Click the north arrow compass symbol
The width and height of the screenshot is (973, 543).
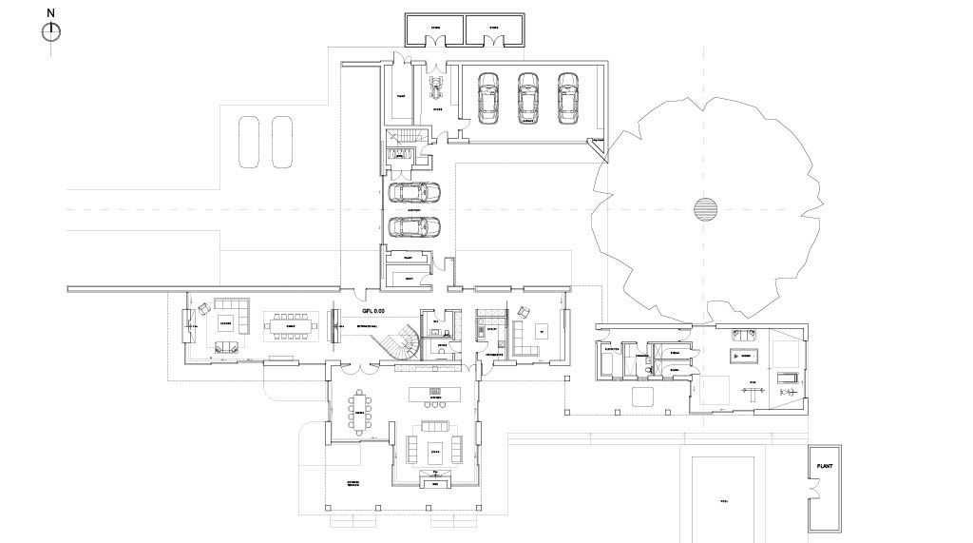point(51,32)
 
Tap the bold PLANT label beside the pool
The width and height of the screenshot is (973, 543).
point(823,468)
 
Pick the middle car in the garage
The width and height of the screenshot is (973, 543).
point(528,98)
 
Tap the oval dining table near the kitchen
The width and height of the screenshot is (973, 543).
point(360,412)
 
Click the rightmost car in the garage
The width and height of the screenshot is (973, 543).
point(568,98)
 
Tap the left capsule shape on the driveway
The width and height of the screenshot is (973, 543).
point(249,142)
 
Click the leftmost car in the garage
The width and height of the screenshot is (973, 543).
point(488,98)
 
